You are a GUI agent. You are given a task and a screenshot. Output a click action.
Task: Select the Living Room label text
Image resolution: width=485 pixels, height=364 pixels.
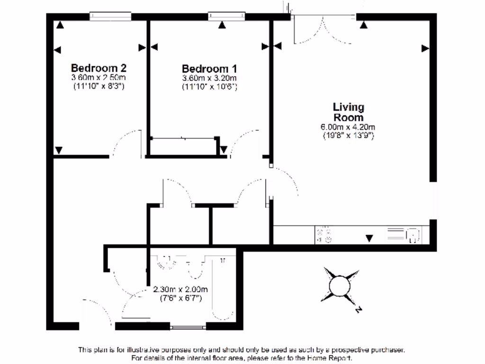coord(348,112)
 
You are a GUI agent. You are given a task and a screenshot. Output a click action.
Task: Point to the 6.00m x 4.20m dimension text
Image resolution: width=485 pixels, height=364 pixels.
coord(348,127)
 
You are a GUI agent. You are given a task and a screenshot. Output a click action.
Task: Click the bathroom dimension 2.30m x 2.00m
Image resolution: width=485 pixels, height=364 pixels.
coord(180,290)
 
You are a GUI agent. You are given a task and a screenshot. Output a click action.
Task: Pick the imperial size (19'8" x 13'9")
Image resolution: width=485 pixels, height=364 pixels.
coord(348,135)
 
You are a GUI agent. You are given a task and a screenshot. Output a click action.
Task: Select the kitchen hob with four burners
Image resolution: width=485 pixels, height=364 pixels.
coord(324,235)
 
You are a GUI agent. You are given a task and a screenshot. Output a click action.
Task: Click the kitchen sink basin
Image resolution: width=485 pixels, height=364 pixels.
coord(413,235)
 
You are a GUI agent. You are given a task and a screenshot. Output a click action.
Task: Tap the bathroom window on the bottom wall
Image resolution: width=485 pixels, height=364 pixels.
coord(188,326)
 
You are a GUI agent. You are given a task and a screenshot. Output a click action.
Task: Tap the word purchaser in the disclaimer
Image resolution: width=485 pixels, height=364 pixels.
coord(387,350)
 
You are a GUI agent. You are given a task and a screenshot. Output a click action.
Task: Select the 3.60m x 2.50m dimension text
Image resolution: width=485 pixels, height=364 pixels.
coord(99,77)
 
